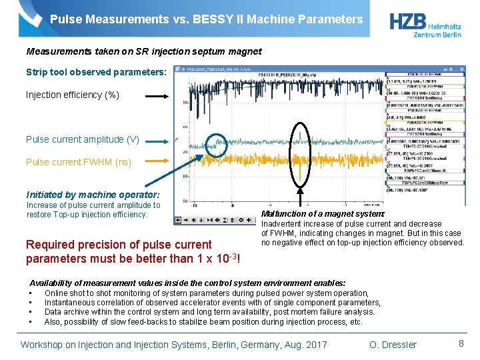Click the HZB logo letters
(410, 20)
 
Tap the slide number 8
(461, 343)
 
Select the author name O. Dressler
(393, 345)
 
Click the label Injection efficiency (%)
(73, 95)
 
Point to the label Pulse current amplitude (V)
(82, 139)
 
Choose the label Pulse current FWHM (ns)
(79, 162)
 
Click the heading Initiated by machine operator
(93, 195)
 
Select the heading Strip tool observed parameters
(96, 72)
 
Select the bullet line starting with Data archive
(209, 312)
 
